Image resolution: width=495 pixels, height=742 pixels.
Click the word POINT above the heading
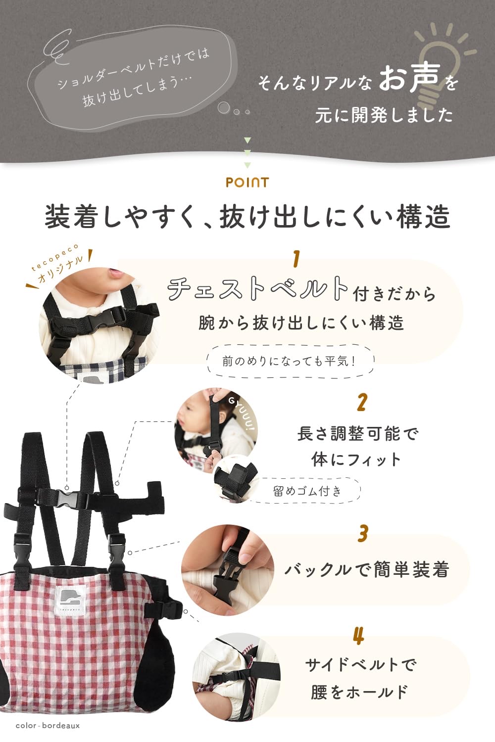(247, 183)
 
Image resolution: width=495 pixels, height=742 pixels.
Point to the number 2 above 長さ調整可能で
(362, 403)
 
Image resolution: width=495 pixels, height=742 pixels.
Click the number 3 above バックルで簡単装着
(363, 534)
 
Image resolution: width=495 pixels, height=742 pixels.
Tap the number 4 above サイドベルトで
(359, 636)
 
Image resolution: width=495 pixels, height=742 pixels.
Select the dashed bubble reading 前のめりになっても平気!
(290, 361)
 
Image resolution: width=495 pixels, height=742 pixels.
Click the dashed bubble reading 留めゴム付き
(307, 491)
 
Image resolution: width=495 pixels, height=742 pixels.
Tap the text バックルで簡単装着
(366, 570)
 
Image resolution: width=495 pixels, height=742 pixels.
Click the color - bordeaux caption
(48, 726)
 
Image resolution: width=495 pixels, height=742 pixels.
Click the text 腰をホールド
(359, 692)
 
